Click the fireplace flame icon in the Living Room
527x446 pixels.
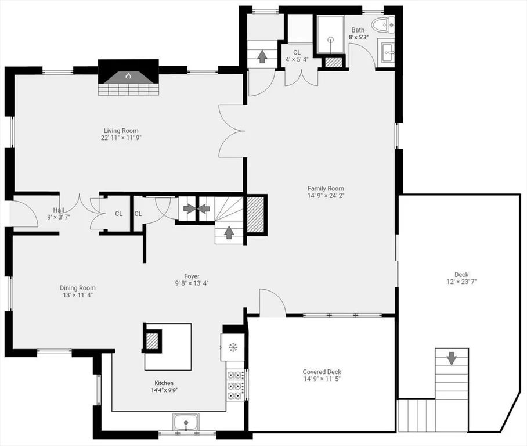coord(128,76)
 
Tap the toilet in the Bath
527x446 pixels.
coord(383,24)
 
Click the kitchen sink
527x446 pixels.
coord(186,422)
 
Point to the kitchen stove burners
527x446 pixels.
coord(235,385)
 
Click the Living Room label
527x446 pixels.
coord(121,131)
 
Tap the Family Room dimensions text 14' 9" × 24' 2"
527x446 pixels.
coord(326,196)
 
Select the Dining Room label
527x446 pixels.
coord(78,288)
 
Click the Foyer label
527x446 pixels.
coord(192,276)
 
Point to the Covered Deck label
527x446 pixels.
coord(322,372)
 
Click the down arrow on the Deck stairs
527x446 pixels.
coord(452,358)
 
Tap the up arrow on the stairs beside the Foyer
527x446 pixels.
coord(229,232)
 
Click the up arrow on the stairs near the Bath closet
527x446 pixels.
coord(261,56)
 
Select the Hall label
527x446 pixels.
coord(59,210)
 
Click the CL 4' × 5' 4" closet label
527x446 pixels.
coord(297,56)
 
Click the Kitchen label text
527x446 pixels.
coord(164,383)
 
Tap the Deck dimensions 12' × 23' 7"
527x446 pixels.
coord(461,282)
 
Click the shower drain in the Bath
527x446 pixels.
coord(331,39)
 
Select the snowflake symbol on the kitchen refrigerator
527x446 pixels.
coord(232,347)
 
